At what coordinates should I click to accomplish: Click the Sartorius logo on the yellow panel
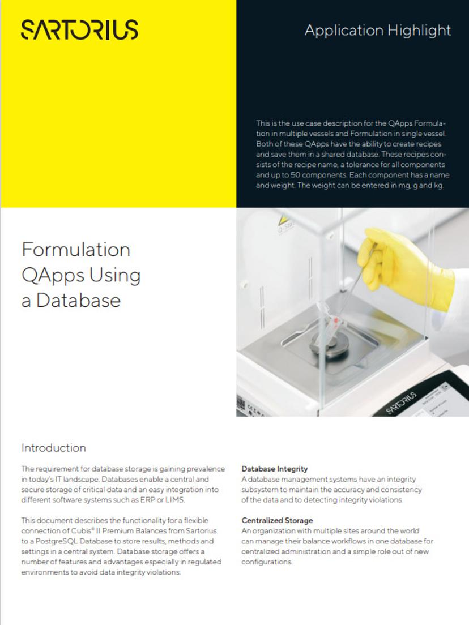(79, 29)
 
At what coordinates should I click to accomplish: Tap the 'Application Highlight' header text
(378, 30)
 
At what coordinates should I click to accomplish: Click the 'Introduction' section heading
(54, 448)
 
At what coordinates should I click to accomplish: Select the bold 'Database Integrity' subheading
(275, 469)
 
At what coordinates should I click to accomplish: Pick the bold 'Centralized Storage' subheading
(277, 520)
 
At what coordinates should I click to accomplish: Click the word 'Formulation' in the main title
(76, 249)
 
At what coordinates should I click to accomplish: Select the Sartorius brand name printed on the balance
(401, 400)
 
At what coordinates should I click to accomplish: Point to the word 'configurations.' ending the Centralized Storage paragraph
(267, 562)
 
